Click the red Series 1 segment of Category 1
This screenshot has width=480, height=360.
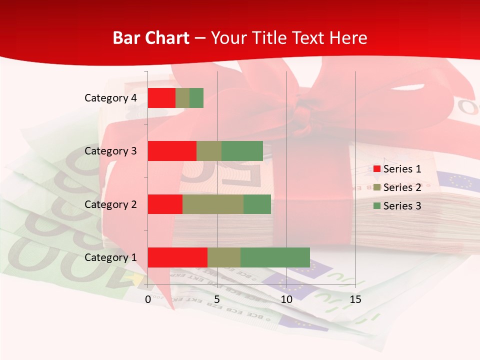177,257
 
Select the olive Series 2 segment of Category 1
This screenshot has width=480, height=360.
224,257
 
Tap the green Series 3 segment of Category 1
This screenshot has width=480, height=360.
275,257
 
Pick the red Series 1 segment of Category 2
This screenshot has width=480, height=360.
165,204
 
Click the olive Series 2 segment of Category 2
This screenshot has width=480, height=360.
213,204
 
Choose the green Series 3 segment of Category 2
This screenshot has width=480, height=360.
257,204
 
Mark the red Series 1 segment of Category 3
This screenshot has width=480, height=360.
172,151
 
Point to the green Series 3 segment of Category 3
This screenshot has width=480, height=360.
242,151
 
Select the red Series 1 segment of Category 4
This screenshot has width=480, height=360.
161,98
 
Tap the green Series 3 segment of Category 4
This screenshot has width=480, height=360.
196,98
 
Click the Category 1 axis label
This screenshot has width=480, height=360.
110,257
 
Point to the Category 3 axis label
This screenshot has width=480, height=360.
110,151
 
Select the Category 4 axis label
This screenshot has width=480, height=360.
110,98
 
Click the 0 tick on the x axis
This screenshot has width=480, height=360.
148,299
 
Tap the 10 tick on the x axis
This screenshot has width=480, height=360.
286,299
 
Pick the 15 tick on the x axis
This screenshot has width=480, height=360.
355,299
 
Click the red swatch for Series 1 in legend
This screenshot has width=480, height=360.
376,169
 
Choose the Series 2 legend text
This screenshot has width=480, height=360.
402,187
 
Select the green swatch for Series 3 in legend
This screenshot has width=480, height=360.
376,206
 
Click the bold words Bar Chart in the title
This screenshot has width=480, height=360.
151,37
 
